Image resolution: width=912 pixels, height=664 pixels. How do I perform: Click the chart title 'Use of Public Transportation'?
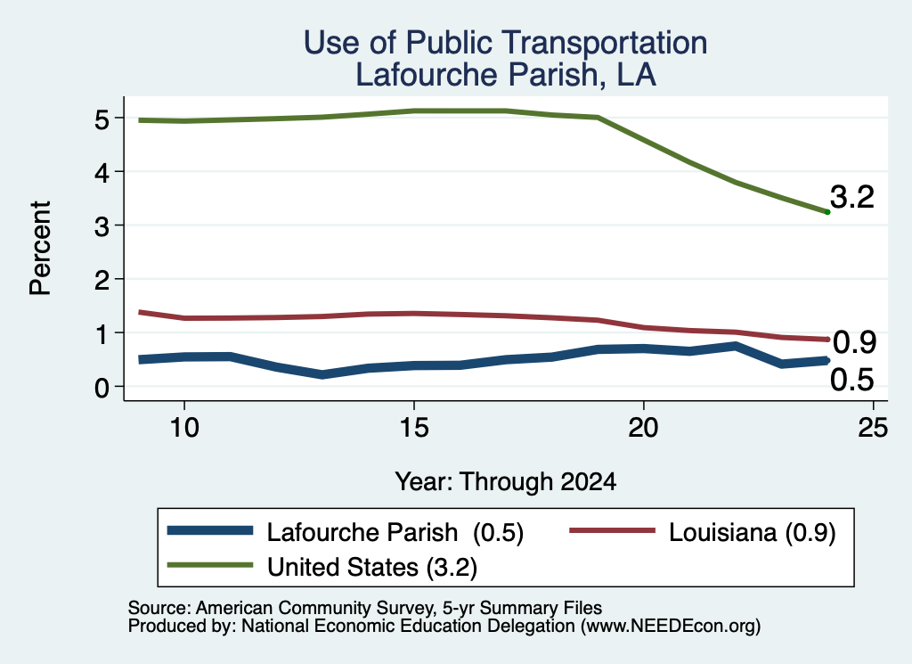pos(506,43)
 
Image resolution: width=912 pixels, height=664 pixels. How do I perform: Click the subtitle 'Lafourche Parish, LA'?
pos(506,75)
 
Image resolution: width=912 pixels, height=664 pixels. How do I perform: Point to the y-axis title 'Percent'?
pos(40,248)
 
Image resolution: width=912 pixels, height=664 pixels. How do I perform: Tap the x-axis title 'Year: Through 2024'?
pos(506,482)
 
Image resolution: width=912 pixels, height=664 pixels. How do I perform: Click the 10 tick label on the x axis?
pos(184,429)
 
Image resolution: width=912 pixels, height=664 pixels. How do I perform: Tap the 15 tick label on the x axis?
pos(414,429)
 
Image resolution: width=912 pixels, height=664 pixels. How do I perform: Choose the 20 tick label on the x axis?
pos(643,429)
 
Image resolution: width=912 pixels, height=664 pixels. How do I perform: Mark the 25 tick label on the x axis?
pos(873,429)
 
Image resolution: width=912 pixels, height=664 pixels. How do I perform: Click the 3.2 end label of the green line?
pos(852,197)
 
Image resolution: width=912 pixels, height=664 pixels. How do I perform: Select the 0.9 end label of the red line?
pos(854,342)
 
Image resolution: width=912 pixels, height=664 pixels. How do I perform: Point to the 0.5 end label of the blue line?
pos(852,380)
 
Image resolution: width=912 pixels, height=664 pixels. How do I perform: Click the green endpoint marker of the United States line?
pos(827,212)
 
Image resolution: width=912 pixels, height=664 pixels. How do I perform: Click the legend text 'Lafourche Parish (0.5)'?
pos(395,532)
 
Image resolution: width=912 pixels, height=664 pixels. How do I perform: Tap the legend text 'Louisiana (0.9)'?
pos(752,532)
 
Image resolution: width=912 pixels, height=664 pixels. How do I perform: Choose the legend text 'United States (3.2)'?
pos(372,568)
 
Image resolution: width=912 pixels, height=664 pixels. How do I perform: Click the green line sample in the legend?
pos(210,565)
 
